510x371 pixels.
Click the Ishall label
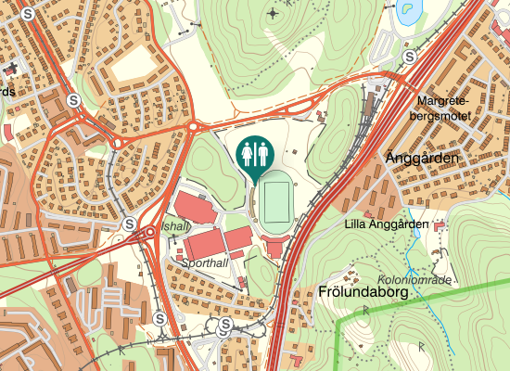174,225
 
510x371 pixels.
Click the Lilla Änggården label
386,224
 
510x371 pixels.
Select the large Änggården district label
422,160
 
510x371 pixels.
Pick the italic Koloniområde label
414,280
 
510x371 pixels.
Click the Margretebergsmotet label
443,109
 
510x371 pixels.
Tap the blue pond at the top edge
406,12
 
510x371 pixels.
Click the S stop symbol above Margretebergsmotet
409,57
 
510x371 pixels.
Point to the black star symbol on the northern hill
271,14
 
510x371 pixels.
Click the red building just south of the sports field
276,245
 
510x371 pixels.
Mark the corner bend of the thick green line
338,320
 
